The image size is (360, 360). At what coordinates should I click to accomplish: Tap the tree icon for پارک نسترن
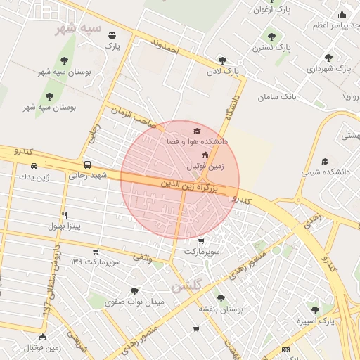pyautogui.click(x=271, y=37)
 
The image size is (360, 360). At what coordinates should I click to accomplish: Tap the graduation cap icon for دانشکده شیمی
pyautogui.click(x=324, y=161)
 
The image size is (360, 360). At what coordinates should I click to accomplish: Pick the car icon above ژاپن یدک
pyautogui.click(x=34, y=167)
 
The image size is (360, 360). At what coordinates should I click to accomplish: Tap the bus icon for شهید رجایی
pyautogui.click(x=87, y=165)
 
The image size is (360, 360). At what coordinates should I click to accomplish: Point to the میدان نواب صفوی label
pyautogui.click(x=134, y=302)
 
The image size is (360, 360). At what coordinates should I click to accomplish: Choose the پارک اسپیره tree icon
pyautogui.click(x=314, y=309)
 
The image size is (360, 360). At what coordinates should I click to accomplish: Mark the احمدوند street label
pyautogui.click(x=166, y=47)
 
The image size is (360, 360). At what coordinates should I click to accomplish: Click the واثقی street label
pyautogui.click(x=143, y=258)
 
